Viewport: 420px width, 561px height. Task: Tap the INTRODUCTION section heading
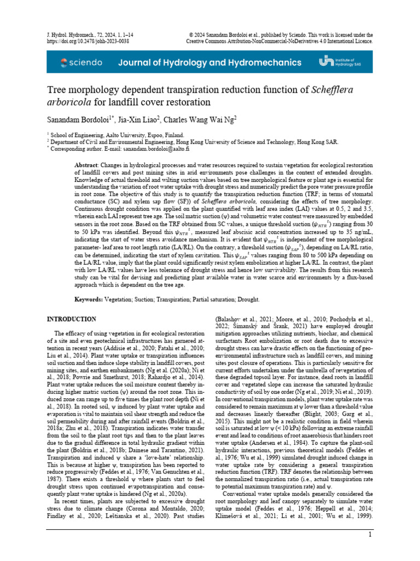click(x=72, y=319)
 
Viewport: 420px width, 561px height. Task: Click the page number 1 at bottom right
click(x=370, y=535)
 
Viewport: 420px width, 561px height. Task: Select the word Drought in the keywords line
click(x=247, y=300)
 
